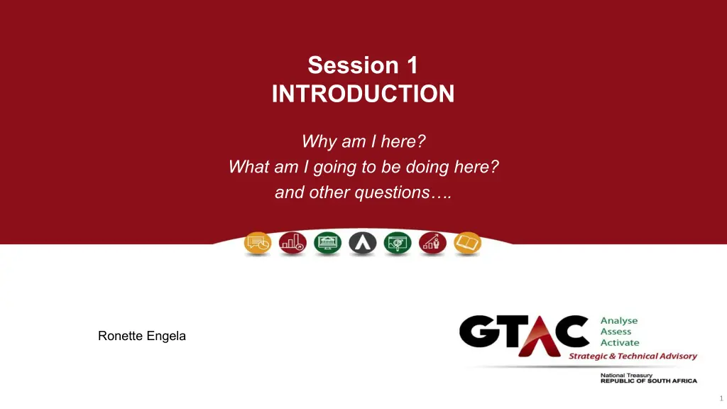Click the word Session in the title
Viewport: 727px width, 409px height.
(354, 65)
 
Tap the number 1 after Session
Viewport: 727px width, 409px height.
(412, 65)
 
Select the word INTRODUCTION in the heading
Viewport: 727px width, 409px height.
(363, 94)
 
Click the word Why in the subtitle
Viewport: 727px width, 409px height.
(318, 141)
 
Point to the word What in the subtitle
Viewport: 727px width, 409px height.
(249, 166)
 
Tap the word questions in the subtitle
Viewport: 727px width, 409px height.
(392, 192)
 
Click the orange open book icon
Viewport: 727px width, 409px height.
(467, 243)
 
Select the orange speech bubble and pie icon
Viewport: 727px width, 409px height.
(258, 243)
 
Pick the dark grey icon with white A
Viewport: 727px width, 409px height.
(363, 243)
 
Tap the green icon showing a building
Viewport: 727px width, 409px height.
(328, 243)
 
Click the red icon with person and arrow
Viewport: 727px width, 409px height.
(432, 243)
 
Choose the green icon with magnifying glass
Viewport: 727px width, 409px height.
(398, 243)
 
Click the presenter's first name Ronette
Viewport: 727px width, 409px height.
(120, 336)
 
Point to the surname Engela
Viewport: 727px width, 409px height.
(166, 336)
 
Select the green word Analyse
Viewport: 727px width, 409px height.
(619, 321)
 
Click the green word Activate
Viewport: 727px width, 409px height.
(620, 343)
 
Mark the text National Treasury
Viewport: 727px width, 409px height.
(626, 375)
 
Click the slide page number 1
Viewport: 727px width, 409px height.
(721, 398)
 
